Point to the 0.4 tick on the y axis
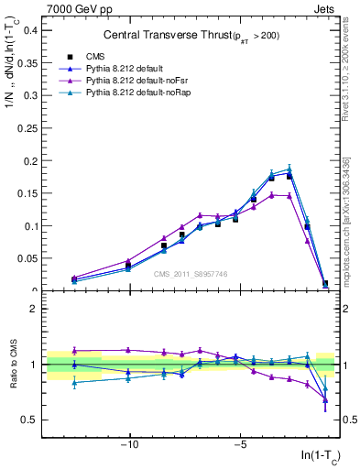pos(30,29)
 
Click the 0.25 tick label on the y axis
pos(27,127)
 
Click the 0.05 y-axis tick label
pos(27,258)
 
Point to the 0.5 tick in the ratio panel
pos(30,420)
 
